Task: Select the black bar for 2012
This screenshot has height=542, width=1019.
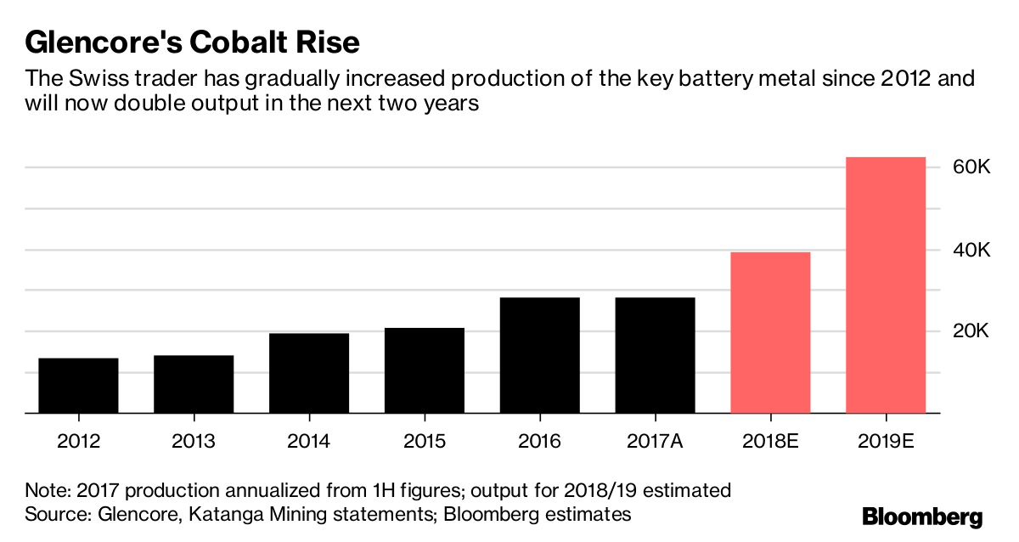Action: click(x=78, y=386)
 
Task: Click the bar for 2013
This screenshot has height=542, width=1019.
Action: click(x=194, y=384)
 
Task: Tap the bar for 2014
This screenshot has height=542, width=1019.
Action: click(x=309, y=373)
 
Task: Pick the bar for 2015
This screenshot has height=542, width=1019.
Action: click(x=425, y=370)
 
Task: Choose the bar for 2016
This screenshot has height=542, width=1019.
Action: click(x=540, y=355)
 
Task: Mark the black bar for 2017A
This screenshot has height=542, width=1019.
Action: click(x=655, y=355)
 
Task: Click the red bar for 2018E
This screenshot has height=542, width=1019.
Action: click(x=770, y=332)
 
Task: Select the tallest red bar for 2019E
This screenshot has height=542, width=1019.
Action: click(x=886, y=285)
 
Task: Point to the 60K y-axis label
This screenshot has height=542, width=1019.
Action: click(x=970, y=168)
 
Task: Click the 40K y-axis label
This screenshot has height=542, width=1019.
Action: click(x=970, y=250)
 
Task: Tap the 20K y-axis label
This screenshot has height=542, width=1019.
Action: click(x=970, y=331)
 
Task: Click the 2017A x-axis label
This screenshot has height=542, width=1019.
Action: click(x=655, y=442)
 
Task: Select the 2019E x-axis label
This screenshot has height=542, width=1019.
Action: click(x=886, y=442)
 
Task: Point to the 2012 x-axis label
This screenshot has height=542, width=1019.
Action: click(x=78, y=442)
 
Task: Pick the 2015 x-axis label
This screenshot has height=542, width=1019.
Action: click(x=425, y=442)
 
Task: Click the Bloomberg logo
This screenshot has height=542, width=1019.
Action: click(x=922, y=516)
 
